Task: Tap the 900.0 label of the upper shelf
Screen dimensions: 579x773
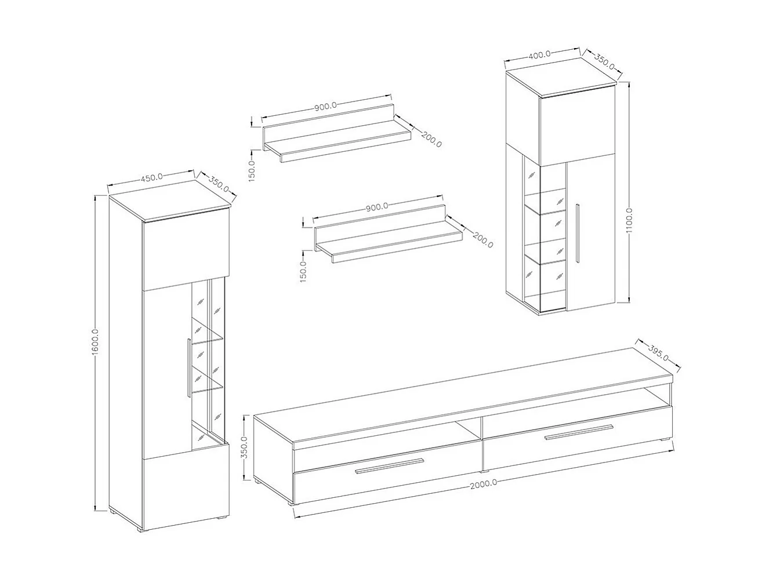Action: (326, 107)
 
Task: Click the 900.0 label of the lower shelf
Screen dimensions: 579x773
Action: (377, 207)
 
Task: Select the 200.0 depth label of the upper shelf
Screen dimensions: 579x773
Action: (431, 140)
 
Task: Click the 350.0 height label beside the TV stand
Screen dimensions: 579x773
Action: (244, 447)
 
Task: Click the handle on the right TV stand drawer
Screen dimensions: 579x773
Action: (578, 432)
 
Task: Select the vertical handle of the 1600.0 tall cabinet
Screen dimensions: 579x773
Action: (188, 367)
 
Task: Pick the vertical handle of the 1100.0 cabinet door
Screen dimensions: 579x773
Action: (577, 232)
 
